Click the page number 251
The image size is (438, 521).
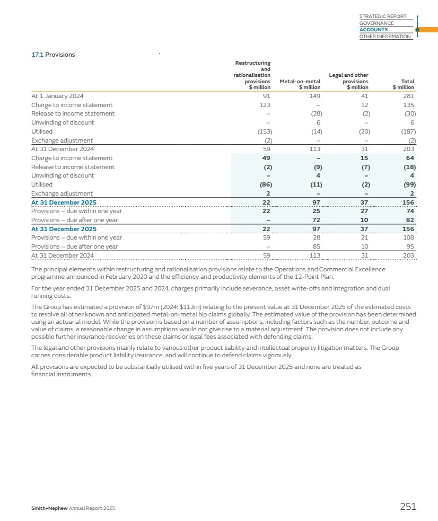click(408, 507)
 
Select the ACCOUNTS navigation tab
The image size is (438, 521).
click(373, 30)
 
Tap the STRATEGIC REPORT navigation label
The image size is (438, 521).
click(382, 16)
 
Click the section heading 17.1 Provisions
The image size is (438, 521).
click(53, 55)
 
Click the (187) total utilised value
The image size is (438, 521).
click(408, 131)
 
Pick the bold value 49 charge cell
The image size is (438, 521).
click(267, 158)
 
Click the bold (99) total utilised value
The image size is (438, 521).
click(408, 184)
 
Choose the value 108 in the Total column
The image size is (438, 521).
click(408, 238)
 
